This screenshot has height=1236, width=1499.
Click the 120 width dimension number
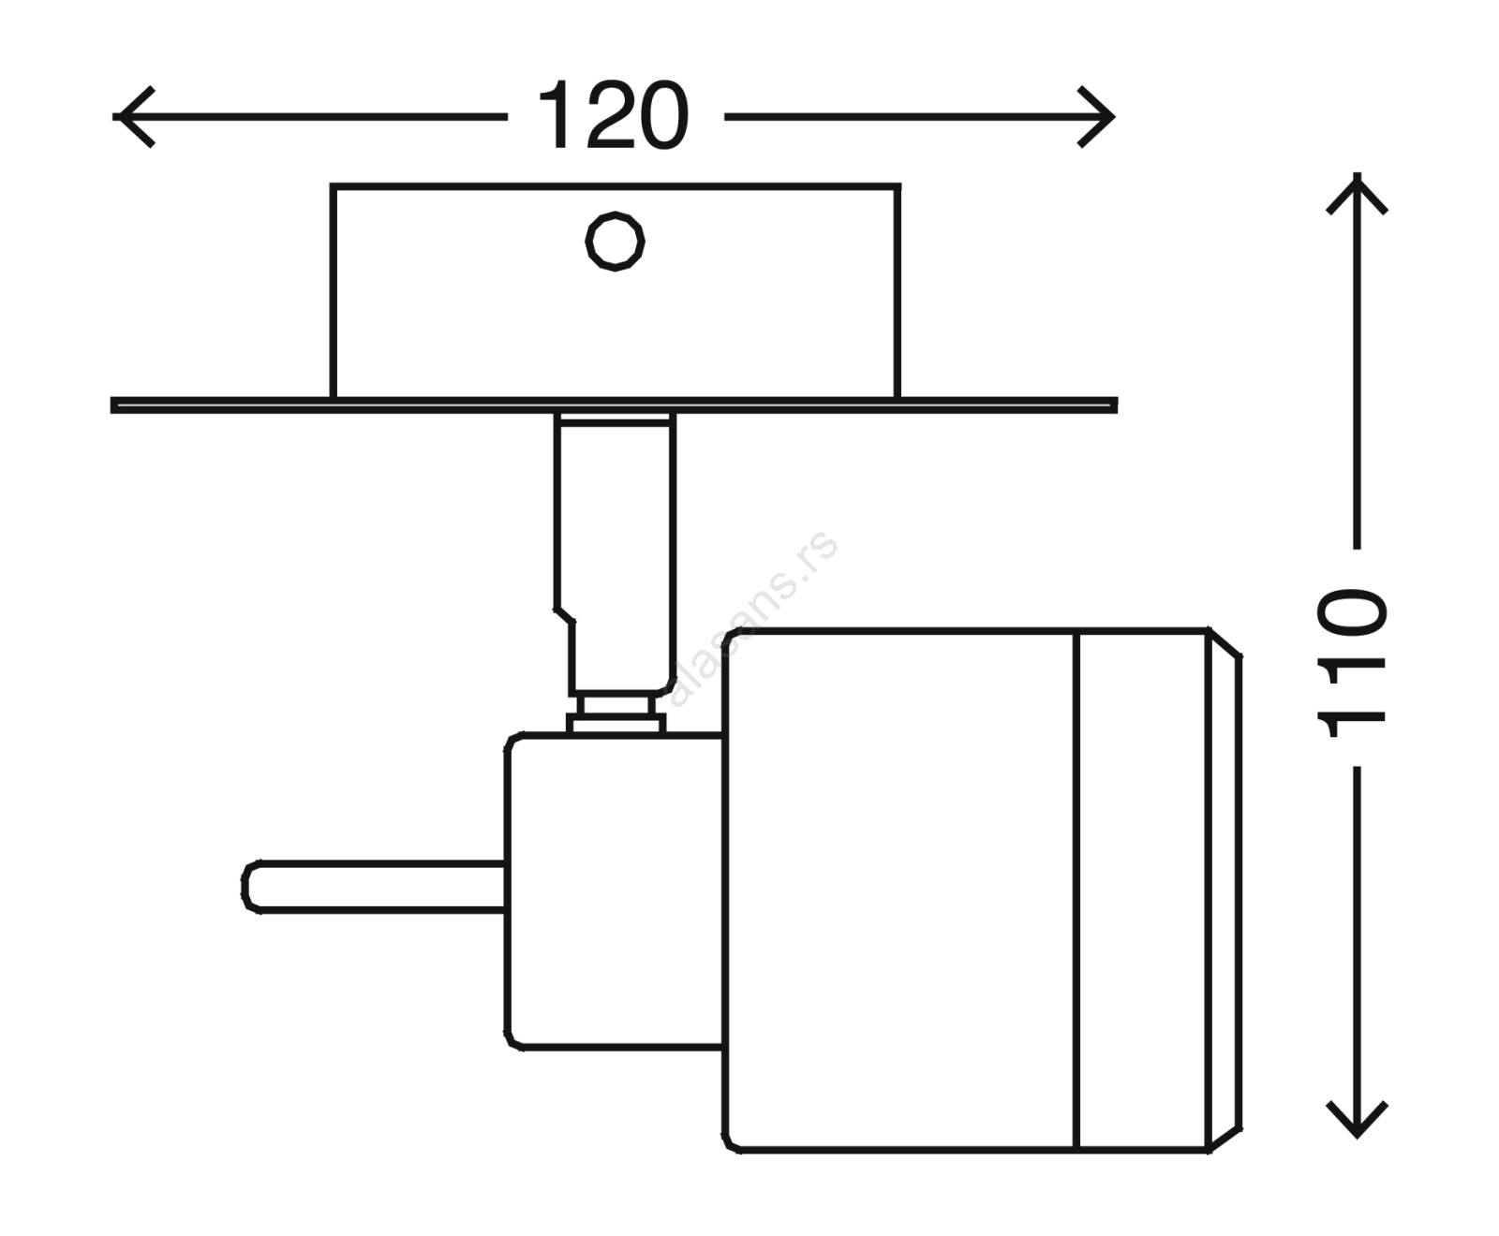pyautogui.click(x=613, y=116)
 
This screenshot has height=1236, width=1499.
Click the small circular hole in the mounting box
pyautogui.click(x=615, y=242)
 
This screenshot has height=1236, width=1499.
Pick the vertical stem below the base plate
pyautogui.click(x=616, y=543)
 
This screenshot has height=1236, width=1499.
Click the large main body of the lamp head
pyautogui.click(x=899, y=890)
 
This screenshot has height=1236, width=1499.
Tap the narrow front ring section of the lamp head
pyautogui.click(x=1141, y=890)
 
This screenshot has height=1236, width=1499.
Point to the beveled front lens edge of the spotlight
pyautogui.click(x=1224, y=890)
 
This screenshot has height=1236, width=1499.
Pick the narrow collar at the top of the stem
pyautogui.click(x=615, y=419)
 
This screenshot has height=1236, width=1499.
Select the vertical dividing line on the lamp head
pyautogui.click(x=1076, y=890)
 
